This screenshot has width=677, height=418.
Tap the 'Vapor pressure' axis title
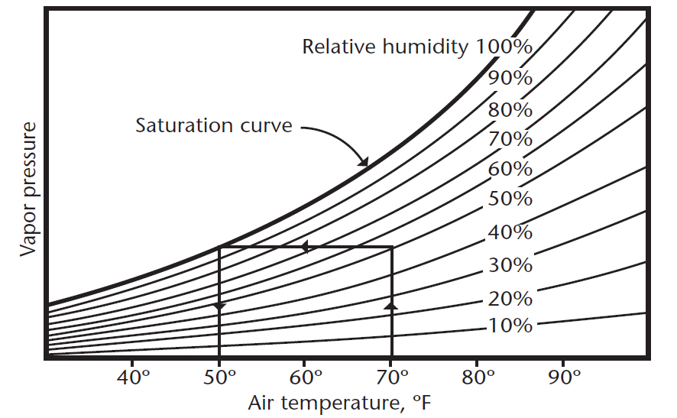[28, 188]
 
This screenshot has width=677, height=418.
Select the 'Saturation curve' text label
[214, 125]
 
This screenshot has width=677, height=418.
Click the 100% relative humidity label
[504, 47]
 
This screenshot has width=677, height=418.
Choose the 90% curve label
[510, 78]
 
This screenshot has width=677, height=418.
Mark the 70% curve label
[510, 139]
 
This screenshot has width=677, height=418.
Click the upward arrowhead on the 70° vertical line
[392, 305]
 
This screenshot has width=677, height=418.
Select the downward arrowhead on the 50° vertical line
[220, 306]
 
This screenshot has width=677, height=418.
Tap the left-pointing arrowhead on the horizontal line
[304, 247]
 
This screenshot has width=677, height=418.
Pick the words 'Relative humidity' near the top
[385, 47]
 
